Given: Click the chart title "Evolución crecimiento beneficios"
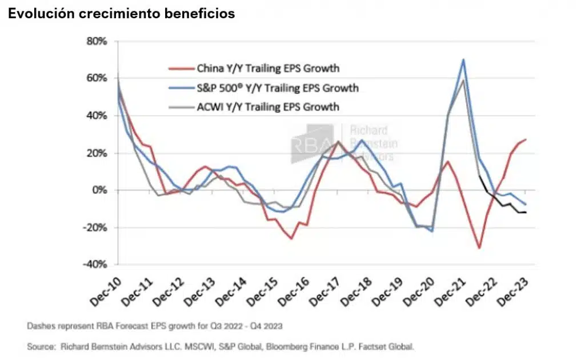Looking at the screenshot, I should coord(121,14).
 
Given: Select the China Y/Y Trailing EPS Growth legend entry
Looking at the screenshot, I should coord(268,69).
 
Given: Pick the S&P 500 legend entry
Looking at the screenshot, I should coord(278,87).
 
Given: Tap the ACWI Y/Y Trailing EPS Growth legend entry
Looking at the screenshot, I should coord(268,107).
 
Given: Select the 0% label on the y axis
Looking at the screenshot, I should coord(101,190).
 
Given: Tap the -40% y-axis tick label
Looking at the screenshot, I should coord(96,265).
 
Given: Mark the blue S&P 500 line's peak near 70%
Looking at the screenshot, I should coord(463,59).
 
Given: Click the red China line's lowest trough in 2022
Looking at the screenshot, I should coord(479,248).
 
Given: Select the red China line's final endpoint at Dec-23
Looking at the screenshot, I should coord(526,139).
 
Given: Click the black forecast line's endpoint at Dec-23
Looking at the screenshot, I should coord(526,213).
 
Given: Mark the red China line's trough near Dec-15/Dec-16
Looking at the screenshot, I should coord(291,238).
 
